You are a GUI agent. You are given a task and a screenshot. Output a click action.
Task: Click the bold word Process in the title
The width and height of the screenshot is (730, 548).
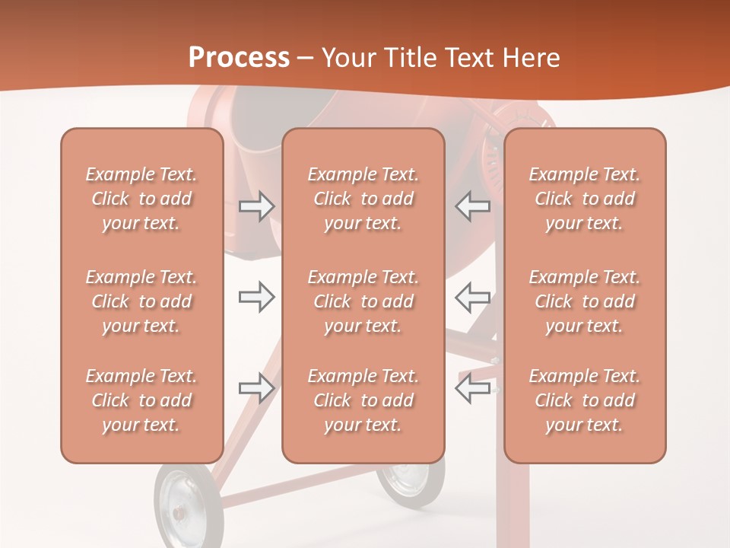(x=239, y=58)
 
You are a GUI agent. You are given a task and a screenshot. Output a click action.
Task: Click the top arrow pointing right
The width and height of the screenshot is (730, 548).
(x=256, y=206)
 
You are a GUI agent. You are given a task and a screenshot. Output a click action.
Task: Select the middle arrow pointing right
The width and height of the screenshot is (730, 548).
(x=256, y=297)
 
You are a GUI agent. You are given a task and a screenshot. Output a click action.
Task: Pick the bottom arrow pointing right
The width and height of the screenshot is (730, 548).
(x=256, y=387)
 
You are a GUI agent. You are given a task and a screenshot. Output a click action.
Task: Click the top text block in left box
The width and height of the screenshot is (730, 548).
(x=141, y=199)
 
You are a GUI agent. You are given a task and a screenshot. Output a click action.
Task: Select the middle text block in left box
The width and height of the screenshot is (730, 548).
(x=141, y=301)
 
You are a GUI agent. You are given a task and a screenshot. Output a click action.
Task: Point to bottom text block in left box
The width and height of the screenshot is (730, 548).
(x=141, y=400)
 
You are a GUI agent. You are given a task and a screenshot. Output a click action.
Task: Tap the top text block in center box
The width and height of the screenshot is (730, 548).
(x=363, y=199)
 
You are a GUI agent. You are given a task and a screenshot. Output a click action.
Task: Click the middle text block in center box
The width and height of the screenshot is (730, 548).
(x=363, y=301)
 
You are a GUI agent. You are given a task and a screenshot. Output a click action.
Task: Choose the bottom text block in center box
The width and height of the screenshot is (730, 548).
(x=363, y=400)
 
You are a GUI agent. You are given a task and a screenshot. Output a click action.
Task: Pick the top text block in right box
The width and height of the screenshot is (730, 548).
(x=585, y=199)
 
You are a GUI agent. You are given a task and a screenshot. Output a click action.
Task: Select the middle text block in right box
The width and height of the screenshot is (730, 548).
(x=585, y=301)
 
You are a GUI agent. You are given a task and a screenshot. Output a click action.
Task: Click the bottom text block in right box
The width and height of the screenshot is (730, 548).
(x=585, y=400)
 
